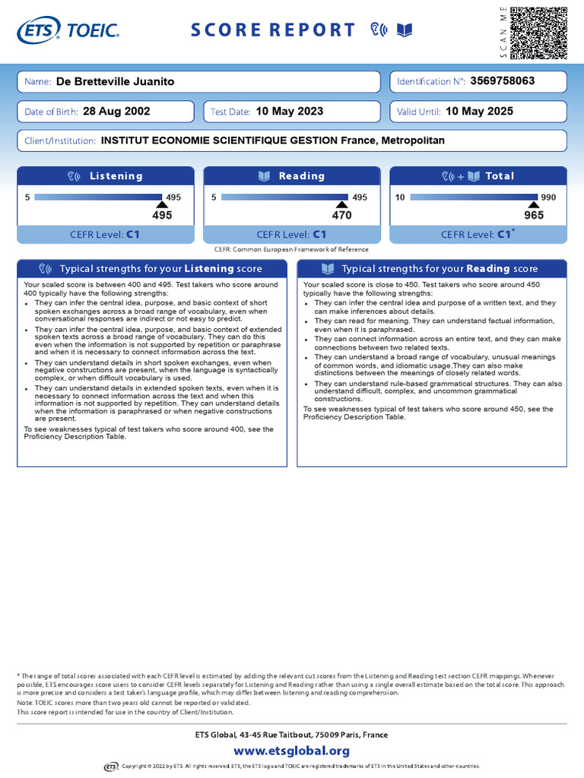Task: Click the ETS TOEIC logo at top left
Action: pos(68,30)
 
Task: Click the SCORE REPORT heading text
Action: pos(272,30)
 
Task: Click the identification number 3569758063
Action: pos(503,81)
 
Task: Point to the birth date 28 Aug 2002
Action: pos(116,112)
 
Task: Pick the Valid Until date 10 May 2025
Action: pos(479,112)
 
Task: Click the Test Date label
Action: pos(230,112)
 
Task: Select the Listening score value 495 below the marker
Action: pos(162,215)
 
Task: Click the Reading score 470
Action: pos(342,215)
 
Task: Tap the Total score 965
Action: pos(534,215)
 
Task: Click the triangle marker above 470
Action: pos(342,204)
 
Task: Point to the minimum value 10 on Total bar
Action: pos(400,198)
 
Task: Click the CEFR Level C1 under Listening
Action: pos(106,235)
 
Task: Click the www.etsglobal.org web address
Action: pos(292,751)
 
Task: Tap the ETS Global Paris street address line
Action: pos(292,735)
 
